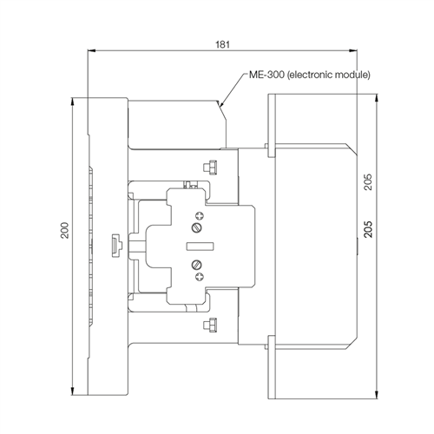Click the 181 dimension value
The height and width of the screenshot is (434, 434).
tap(222, 44)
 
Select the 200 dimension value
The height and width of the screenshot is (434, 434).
tap(64, 230)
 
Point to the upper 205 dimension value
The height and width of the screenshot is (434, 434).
tap(368, 181)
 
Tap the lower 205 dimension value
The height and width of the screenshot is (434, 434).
tap(368, 229)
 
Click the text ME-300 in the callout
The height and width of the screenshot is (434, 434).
tap(266, 75)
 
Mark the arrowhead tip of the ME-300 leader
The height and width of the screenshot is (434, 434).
tap(220, 107)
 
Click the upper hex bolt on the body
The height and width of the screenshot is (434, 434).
tap(210, 168)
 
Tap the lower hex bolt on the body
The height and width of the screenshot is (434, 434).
tap(210, 325)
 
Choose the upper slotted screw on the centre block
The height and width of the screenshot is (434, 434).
tap(197, 227)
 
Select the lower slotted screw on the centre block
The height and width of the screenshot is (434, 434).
tap(197, 265)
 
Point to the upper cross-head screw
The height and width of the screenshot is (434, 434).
tap(200, 215)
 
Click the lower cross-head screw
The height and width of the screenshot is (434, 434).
tap(200, 277)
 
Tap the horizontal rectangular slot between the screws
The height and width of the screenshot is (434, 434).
tap(201, 247)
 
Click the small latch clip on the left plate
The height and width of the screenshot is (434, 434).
tap(117, 246)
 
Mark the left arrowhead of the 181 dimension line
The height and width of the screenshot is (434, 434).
tap(88, 50)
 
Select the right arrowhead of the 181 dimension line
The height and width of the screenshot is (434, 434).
tap(357, 50)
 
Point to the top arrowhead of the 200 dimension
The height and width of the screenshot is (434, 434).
tap(73, 98)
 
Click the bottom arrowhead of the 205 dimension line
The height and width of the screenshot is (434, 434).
tap(377, 398)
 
